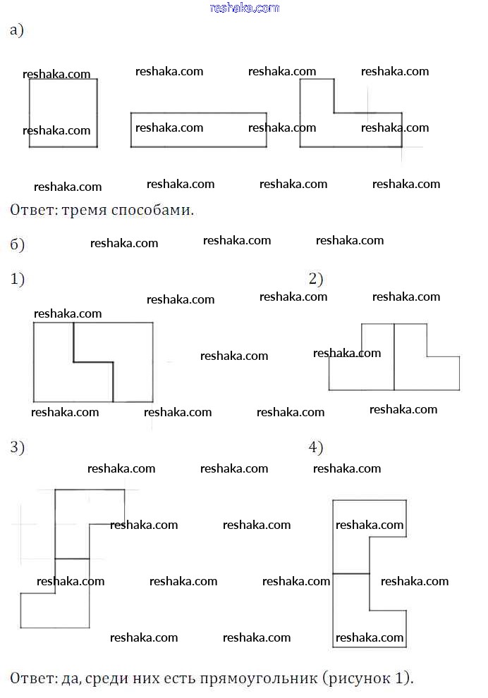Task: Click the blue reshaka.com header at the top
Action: tap(245, 8)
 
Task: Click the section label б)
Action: tap(18, 244)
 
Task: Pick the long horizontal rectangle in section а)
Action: tap(198, 139)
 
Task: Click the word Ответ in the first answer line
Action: tap(32, 210)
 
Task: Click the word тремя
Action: tap(90, 210)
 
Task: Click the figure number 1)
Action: tap(18, 279)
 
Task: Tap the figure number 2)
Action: tap(316, 279)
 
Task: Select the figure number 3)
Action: tap(18, 447)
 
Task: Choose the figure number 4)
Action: tap(316, 447)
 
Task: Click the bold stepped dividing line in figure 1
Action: tap(93, 362)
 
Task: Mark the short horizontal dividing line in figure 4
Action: tap(350, 574)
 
